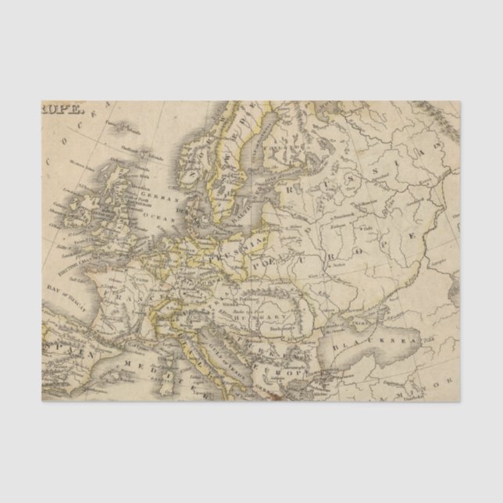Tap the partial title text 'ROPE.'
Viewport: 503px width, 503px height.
point(60,110)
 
